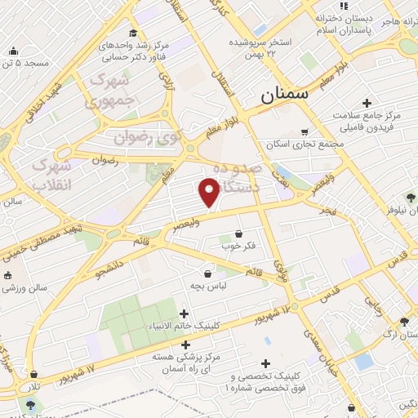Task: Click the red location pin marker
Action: point(210,192)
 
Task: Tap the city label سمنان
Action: point(285,95)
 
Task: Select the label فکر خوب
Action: point(238,244)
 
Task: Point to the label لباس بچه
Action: point(207,287)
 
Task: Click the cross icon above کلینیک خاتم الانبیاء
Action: point(185,313)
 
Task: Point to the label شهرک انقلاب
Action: point(52,175)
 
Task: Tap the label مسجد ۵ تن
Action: point(25,62)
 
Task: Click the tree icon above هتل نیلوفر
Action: point(411,197)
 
